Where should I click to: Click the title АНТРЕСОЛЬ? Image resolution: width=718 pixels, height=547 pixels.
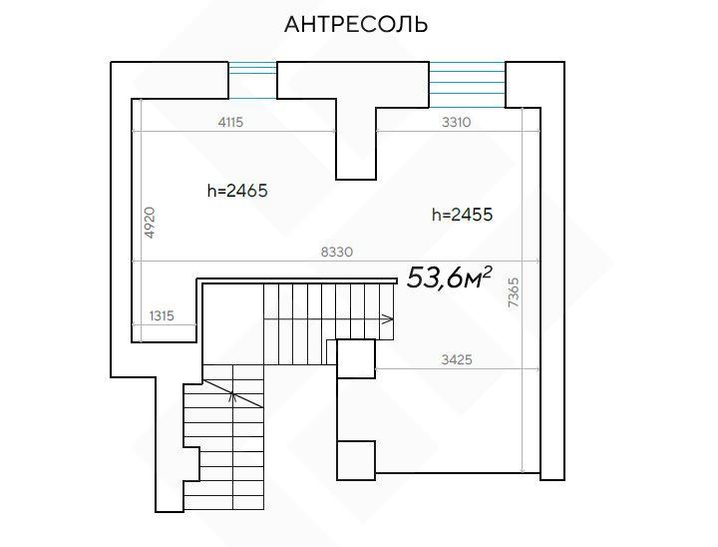coord(356,24)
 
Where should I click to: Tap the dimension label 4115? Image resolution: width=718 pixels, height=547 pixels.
coord(230,122)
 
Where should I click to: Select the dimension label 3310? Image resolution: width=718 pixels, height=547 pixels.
coord(456,122)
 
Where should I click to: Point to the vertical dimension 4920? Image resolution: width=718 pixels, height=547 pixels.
coord(150,223)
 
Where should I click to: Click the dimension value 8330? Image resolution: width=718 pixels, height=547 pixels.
coord(337,252)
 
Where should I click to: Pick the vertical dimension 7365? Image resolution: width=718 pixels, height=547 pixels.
coord(514,292)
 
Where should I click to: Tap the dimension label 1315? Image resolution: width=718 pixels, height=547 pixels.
coord(163,315)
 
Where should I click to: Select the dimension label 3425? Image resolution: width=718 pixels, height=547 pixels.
coord(457,359)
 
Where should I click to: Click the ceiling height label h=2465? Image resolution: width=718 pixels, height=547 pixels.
coord(237,191)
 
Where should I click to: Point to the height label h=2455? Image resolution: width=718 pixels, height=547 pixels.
coord(463,215)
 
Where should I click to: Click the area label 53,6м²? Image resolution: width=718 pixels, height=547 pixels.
coord(449,277)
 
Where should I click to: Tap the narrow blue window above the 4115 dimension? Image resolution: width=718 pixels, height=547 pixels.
coord(252,80)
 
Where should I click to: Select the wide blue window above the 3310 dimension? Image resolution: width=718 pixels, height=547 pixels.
coord(467,85)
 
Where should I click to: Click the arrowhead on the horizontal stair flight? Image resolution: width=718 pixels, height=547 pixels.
coord(388,319)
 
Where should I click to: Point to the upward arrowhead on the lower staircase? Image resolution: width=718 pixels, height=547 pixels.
coord(233,395)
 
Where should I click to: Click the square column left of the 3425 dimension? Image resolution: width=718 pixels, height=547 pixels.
coord(356,358)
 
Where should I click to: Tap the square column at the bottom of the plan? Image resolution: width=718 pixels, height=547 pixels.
coord(356,460)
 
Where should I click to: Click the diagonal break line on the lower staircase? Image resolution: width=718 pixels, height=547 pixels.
coord(233,393)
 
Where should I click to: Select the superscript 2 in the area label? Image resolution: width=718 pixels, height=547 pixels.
coord(488,272)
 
